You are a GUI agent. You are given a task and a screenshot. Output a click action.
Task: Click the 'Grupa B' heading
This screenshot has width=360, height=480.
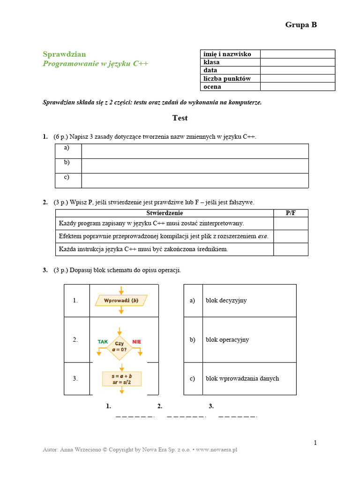pos(301,25)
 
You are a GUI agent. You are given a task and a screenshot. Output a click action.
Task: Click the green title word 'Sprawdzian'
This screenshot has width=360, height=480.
pos(64,54)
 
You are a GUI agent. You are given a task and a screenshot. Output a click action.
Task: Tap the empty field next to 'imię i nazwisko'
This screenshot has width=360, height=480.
pos(297,54)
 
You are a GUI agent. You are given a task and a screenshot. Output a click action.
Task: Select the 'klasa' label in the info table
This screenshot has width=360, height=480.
pos(212,62)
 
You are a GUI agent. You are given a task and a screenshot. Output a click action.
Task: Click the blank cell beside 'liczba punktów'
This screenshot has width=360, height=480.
pos(297,78)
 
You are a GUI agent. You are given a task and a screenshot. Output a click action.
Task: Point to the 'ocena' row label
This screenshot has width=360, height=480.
pos(212,87)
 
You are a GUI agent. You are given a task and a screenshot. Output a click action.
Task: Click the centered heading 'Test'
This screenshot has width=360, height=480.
pos(180,118)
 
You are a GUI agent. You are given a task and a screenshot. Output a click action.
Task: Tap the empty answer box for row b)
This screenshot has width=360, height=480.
pos(195,166)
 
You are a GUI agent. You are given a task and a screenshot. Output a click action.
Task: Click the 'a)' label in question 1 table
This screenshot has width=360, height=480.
pos(67,148)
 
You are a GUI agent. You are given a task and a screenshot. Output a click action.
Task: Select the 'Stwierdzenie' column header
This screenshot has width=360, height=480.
pos(165,213)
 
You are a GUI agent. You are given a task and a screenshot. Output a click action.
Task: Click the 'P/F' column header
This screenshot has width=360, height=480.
pos(291,213)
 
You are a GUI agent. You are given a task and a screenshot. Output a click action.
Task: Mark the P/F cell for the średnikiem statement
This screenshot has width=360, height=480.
pos(291,249)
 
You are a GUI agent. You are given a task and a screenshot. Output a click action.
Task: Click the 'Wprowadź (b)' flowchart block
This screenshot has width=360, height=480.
pos(121,300)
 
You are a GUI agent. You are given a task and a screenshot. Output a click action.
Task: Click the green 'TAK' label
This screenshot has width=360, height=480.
pos(102,342)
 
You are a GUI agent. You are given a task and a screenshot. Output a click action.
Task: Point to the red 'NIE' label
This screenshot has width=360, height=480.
pos(136,342)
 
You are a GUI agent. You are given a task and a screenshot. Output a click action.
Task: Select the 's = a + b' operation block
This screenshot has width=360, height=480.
pos(121,379)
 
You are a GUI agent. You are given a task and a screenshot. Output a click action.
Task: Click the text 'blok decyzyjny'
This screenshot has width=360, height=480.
pos(226,300)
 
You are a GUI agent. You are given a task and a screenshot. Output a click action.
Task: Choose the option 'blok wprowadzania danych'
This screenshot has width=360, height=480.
pos(242,378)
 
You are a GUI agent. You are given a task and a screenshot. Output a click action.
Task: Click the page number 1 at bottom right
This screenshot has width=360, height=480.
pos(315,442)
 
